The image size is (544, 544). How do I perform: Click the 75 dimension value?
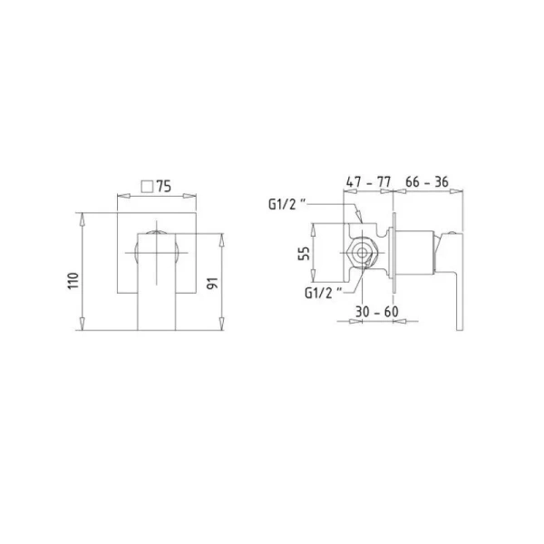click(x=164, y=186)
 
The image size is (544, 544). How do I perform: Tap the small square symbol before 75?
click(x=147, y=186)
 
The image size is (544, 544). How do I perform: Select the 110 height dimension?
click(x=73, y=281)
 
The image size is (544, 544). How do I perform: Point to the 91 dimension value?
click(x=212, y=283)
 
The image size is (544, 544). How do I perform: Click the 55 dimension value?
click(x=304, y=253)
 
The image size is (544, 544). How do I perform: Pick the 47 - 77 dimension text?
click(x=368, y=182)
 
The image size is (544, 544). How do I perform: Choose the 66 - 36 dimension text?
click(x=427, y=181)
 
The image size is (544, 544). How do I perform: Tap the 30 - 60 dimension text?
click(x=377, y=312)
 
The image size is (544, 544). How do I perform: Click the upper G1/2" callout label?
click(x=287, y=204)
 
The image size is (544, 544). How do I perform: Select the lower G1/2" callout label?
click(x=324, y=293)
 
